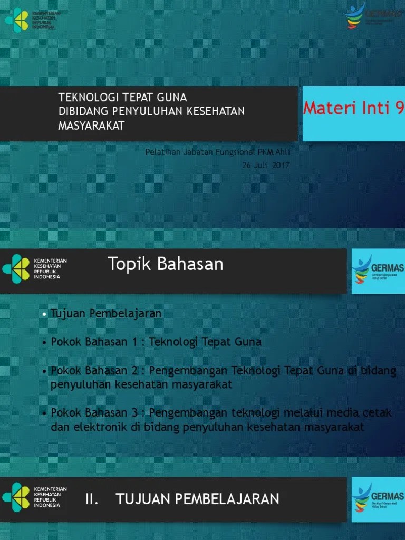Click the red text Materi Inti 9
353,108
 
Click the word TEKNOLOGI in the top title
82,98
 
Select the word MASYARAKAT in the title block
91,126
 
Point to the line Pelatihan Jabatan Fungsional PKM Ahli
217,152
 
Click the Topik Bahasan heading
166,264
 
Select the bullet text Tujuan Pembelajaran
106,314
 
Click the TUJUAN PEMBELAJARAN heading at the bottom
197,499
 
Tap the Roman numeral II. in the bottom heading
92,499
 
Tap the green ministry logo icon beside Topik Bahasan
16,269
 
